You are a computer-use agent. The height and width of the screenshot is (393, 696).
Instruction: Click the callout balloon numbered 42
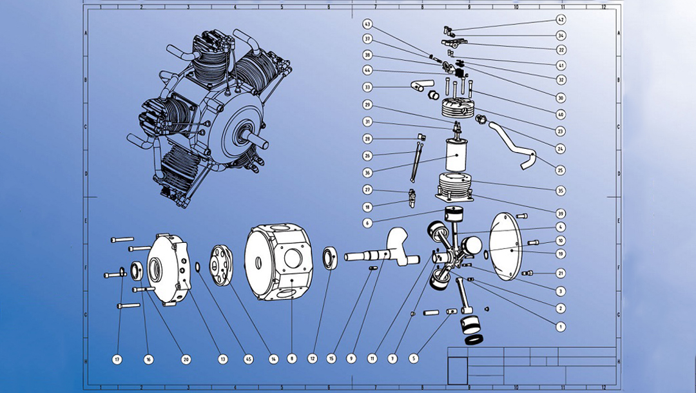coord(561,20)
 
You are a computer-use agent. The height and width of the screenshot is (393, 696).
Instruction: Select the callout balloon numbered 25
coord(561,170)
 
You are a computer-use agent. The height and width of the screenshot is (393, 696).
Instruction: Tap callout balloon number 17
coord(117,359)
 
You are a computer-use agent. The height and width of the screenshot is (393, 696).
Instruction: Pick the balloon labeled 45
coord(249,359)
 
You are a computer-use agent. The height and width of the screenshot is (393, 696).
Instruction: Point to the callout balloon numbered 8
coord(292,359)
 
